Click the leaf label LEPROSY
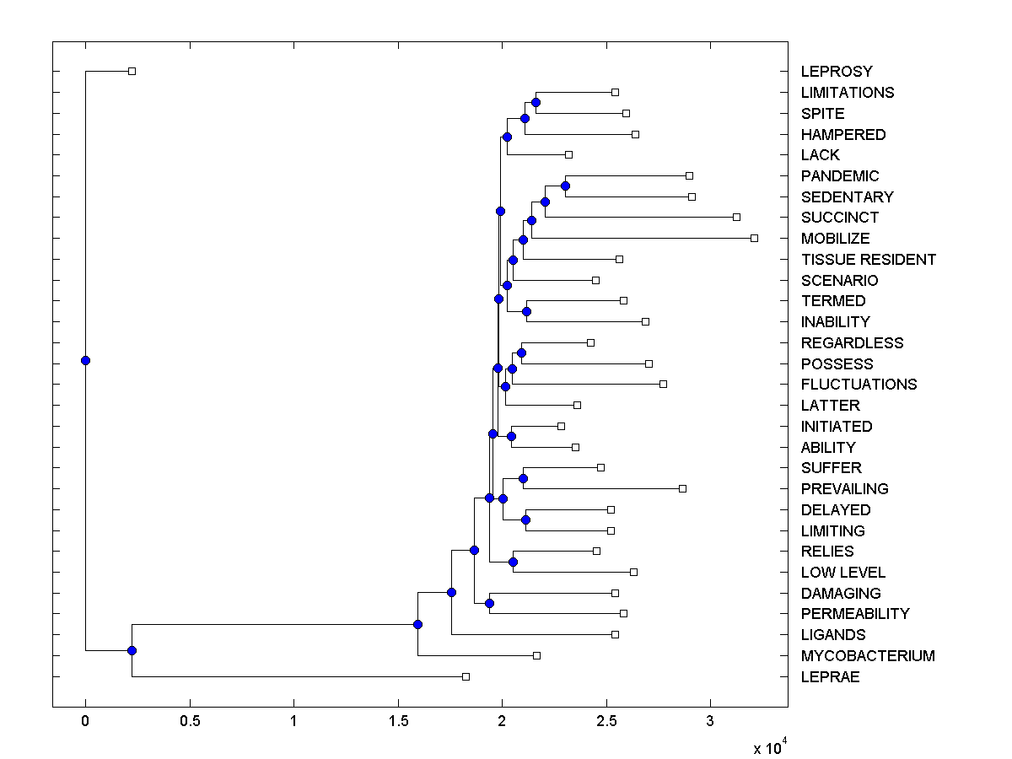pyautogui.click(x=837, y=72)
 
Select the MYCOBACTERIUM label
pyautogui.click(x=868, y=656)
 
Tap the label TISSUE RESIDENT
pyautogui.click(x=868, y=260)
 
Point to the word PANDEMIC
pyautogui.click(x=840, y=176)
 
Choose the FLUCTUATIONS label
pyautogui.click(x=859, y=385)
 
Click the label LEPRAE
pyautogui.click(x=830, y=677)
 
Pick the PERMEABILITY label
pyautogui.click(x=855, y=614)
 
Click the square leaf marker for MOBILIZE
pyautogui.click(x=754, y=239)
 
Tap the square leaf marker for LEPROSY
pyautogui.click(x=132, y=72)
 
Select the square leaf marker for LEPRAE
pyautogui.click(x=466, y=676)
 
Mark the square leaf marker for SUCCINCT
pyautogui.click(x=736, y=218)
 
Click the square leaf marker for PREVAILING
pyautogui.click(x=682, y=488)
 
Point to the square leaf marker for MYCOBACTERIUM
pyautogui.click(x=536, y=655)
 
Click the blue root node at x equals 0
pyautogui.click(x=85, y=360)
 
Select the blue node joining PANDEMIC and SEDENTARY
pyautogui.click(x=565, y=186)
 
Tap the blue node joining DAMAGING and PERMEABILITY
pyautogui.click(x=489, y=603)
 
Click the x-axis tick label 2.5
pyautogui.click(x=606, y=722)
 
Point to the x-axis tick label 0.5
pyautogui.click(x=190, y=722)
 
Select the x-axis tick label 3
pyautogui.click(x=710, y=722)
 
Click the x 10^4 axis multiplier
pyautogui.click(x=770, y=747)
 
